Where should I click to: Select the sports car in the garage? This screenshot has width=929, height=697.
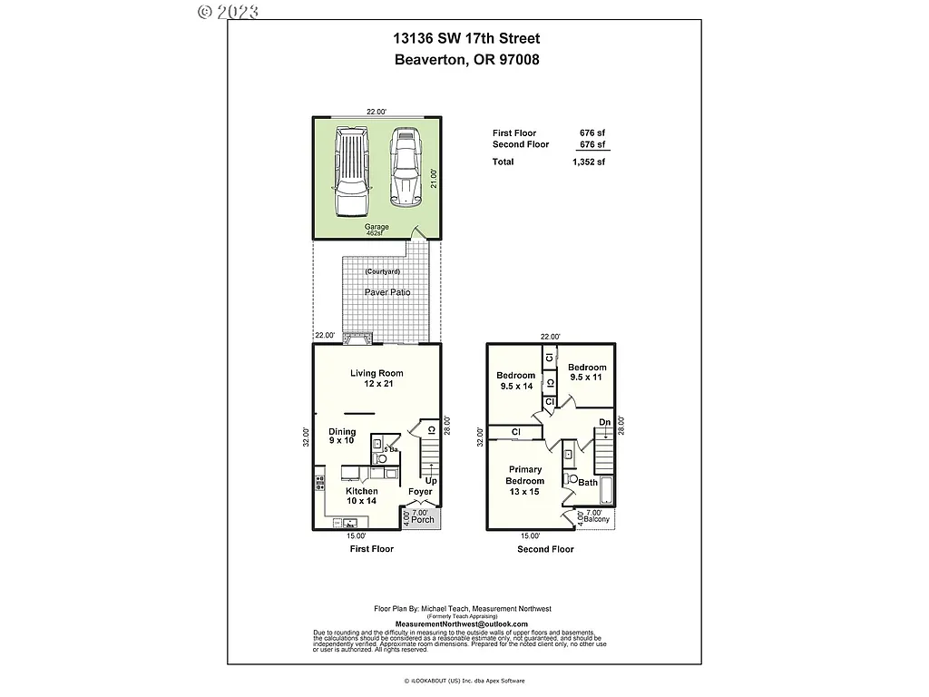407,168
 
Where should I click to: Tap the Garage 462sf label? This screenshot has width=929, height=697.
376,230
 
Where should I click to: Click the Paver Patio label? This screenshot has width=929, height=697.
387,292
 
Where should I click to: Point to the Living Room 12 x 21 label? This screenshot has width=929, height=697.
376,378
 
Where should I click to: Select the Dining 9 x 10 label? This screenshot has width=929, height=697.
342,437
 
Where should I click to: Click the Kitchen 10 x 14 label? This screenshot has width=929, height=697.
361,496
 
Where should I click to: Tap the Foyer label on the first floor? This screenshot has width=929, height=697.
420,492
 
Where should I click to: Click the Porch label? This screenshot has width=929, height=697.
423,520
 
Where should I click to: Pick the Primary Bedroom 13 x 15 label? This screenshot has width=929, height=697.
525,480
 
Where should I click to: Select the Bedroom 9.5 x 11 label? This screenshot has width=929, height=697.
588,372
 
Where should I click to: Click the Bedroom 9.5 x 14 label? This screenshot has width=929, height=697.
515,380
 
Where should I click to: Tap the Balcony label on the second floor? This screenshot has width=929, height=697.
596,520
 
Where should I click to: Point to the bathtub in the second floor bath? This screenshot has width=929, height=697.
608,491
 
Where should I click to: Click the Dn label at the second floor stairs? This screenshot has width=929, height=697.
604,423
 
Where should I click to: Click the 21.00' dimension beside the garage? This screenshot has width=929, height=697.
435,179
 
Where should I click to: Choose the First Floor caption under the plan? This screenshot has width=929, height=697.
372,549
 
